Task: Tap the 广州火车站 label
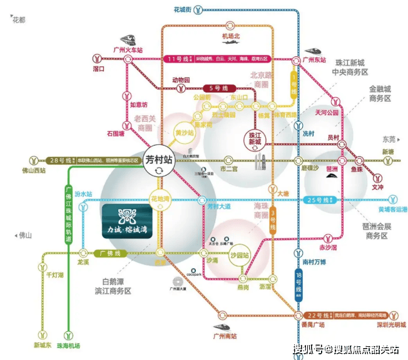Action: (127, 49)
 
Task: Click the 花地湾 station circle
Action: (161, 199)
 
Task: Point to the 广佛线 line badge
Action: (110, 253)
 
